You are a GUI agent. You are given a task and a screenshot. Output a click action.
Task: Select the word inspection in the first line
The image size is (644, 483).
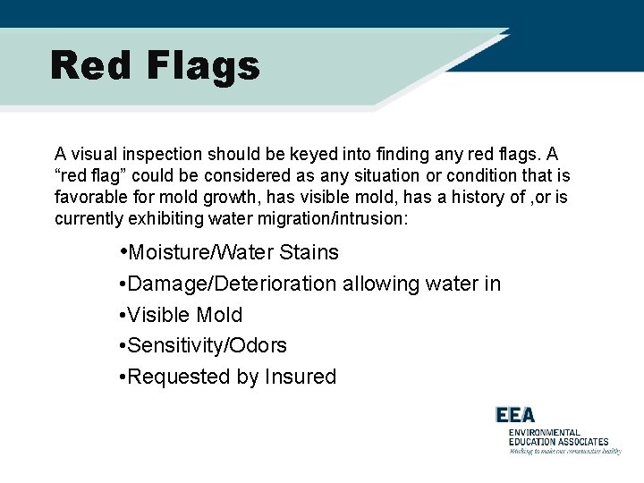pos(161,155)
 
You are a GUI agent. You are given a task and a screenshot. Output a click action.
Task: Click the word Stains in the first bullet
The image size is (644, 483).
pos(309,253)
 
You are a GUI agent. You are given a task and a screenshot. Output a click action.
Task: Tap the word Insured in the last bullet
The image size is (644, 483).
pos(301,377)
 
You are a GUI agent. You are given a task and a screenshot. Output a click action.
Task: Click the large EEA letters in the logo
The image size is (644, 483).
pos(516,415)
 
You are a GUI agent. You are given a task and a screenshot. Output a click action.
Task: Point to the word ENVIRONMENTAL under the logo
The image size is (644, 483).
pos(544,432)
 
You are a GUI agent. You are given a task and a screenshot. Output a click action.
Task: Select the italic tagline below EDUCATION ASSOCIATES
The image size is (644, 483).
pos(564,451)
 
